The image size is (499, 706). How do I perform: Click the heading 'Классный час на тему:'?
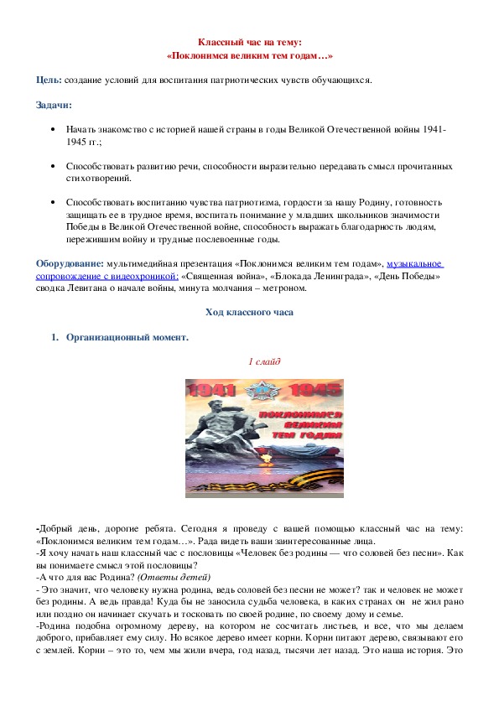(x=249, y=42)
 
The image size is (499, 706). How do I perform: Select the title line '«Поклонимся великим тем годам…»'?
(x=249, y=55)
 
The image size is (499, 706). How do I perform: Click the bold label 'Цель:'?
(x=48, y=80)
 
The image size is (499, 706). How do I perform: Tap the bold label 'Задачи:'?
(x=54, y=105)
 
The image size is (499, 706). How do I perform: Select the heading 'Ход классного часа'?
(x=249, y=313)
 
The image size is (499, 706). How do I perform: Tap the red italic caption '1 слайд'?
(x=264, y=362)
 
